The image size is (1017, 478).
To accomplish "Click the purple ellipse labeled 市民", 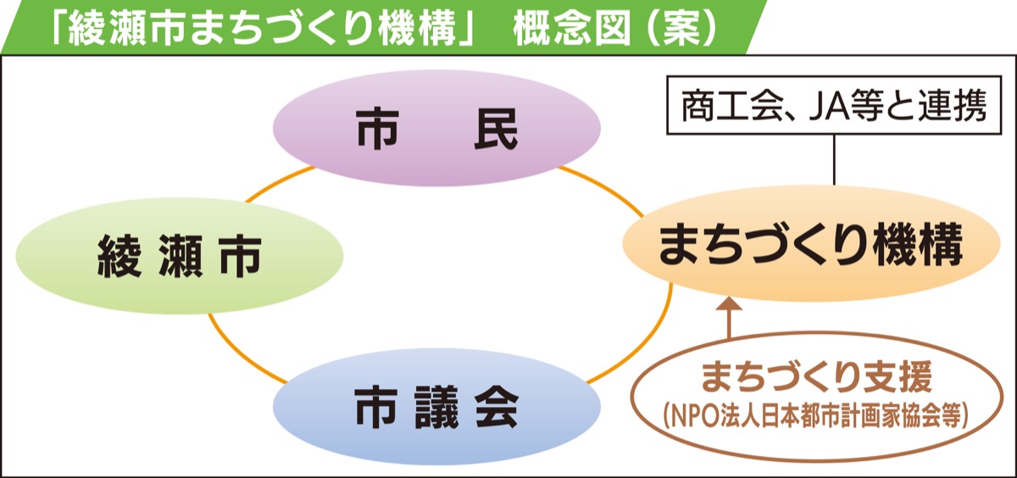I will click(436, 127).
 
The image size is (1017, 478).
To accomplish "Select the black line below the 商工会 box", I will click(836, 160).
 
